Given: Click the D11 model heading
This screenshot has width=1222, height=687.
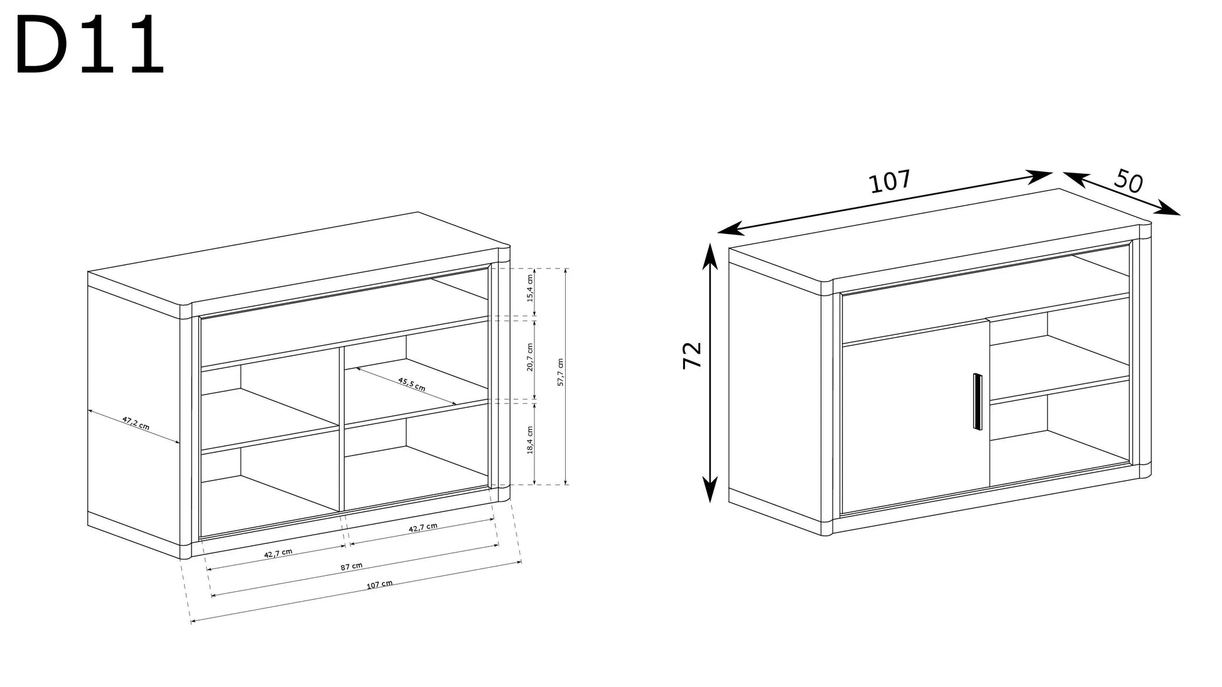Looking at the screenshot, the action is pyautogui.click(x=90, y=46).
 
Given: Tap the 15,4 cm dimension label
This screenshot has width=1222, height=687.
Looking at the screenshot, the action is pyautogui.click(x=530, y=288).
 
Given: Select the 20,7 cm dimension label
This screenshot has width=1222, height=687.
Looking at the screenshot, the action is pyautogui.click(x=530, y=357).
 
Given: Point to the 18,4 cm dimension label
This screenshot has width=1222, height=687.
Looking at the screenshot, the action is pyautogui.click(x=530, y=440).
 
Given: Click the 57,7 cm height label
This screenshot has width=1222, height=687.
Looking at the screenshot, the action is pyautogui.click(x=561, y=372).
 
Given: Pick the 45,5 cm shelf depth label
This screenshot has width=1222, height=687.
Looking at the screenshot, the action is pyautogui.click(x=411, y=384).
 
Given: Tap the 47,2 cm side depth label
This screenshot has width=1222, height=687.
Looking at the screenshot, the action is pyautogui.click(x=136, y=423).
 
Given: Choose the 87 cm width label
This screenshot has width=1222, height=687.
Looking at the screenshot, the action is pyautogui.click(x=352, y=566).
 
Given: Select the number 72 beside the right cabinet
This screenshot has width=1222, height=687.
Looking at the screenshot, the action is pyautogui.click(x=692, y=355).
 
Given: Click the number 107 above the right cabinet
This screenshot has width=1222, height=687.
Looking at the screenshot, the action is pyautogui.click(x=890, y=181).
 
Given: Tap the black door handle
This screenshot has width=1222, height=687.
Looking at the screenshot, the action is pyautogui.click(x=976, y=402).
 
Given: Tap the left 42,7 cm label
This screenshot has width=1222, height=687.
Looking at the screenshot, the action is pyautogui.click(x=278, y=553).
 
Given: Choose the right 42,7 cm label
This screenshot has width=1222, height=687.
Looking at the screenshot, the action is pyautogui.click(x=423, y=528).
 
